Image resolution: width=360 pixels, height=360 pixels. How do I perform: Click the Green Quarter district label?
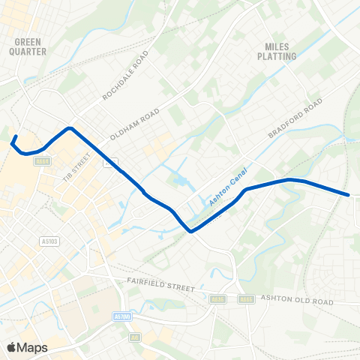click(x=30, y=46)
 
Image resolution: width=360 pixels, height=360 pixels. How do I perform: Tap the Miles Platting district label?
click(x=277, y=50)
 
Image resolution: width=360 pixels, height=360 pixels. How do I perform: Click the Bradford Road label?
click(x=295, y=118)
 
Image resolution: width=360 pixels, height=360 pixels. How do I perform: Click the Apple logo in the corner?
click(x=12, y=347)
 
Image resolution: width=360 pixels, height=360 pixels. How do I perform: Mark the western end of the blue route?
click(x=13, y=137)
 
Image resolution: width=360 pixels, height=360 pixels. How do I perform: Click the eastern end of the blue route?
click(x=349, y=195)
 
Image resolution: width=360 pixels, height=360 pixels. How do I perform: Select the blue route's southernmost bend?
click(x=190, y=231)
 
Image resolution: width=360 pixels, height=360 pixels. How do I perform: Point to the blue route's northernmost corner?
click(x=70, y=127)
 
